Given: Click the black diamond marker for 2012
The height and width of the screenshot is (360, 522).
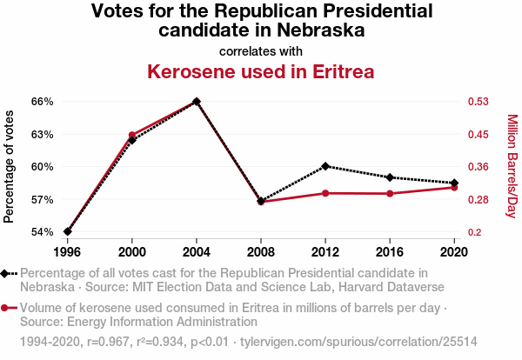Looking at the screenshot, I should pyautogui.click(x=325, y=166).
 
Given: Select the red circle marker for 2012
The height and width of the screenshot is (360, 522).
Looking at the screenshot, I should pyautogui.click(x=325, y=193).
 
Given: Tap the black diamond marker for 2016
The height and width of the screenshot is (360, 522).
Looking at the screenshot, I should pyautogui.click(x=390, y=177).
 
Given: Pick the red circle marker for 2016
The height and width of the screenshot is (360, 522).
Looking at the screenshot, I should pyautogui.click(x=390, y=193).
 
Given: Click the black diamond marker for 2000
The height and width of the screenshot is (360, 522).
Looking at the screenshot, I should pyautogui.click(x=132, y=140).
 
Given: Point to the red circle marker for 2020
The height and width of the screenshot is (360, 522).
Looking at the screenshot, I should pyautogui.click(x=454, y=188).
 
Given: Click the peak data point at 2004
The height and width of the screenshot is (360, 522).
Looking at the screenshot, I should pyautogui.click(x=197, y=101).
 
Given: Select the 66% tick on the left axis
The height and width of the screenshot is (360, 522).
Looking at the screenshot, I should pyautogui.click(x=43, y=101).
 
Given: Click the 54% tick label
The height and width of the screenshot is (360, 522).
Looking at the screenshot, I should pyautogui.click(x=43, y=232).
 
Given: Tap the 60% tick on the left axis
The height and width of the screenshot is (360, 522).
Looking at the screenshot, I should pyautogui.click(x=43, y=167).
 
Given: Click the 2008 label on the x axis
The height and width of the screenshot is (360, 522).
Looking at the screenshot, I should pyautogui.click(x=261, y=251).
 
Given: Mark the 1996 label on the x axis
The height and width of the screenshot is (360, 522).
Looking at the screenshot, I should pyautogui.click(x=68, y=251).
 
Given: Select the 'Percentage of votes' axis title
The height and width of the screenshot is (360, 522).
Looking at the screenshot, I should pyautogui.click(x=10, y=166).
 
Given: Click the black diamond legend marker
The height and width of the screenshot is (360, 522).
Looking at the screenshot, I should pyautogui.click(x=6, y=273).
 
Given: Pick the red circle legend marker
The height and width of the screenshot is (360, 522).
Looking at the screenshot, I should pyautogui.click(x=6, y=307).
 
